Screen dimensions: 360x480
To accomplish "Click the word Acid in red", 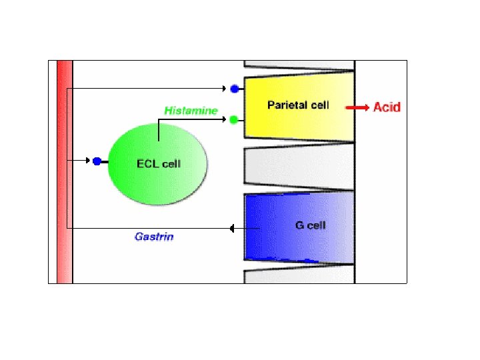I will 387,107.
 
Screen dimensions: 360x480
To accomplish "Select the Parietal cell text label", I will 298,105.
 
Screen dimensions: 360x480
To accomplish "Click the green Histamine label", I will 191,110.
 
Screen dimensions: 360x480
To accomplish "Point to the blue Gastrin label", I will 154,237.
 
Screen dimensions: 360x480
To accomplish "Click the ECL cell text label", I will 158,163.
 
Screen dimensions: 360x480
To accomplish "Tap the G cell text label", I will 310,225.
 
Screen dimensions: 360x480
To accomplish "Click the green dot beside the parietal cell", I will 234,120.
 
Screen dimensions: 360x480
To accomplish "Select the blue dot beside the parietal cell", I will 234,88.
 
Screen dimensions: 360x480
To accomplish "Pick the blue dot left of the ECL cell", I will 97,161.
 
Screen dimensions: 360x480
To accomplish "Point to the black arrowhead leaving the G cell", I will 232,229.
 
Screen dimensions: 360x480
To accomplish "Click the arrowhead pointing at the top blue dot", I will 225,88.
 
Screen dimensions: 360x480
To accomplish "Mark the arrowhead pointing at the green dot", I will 225,120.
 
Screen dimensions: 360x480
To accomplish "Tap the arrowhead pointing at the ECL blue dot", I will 88,161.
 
